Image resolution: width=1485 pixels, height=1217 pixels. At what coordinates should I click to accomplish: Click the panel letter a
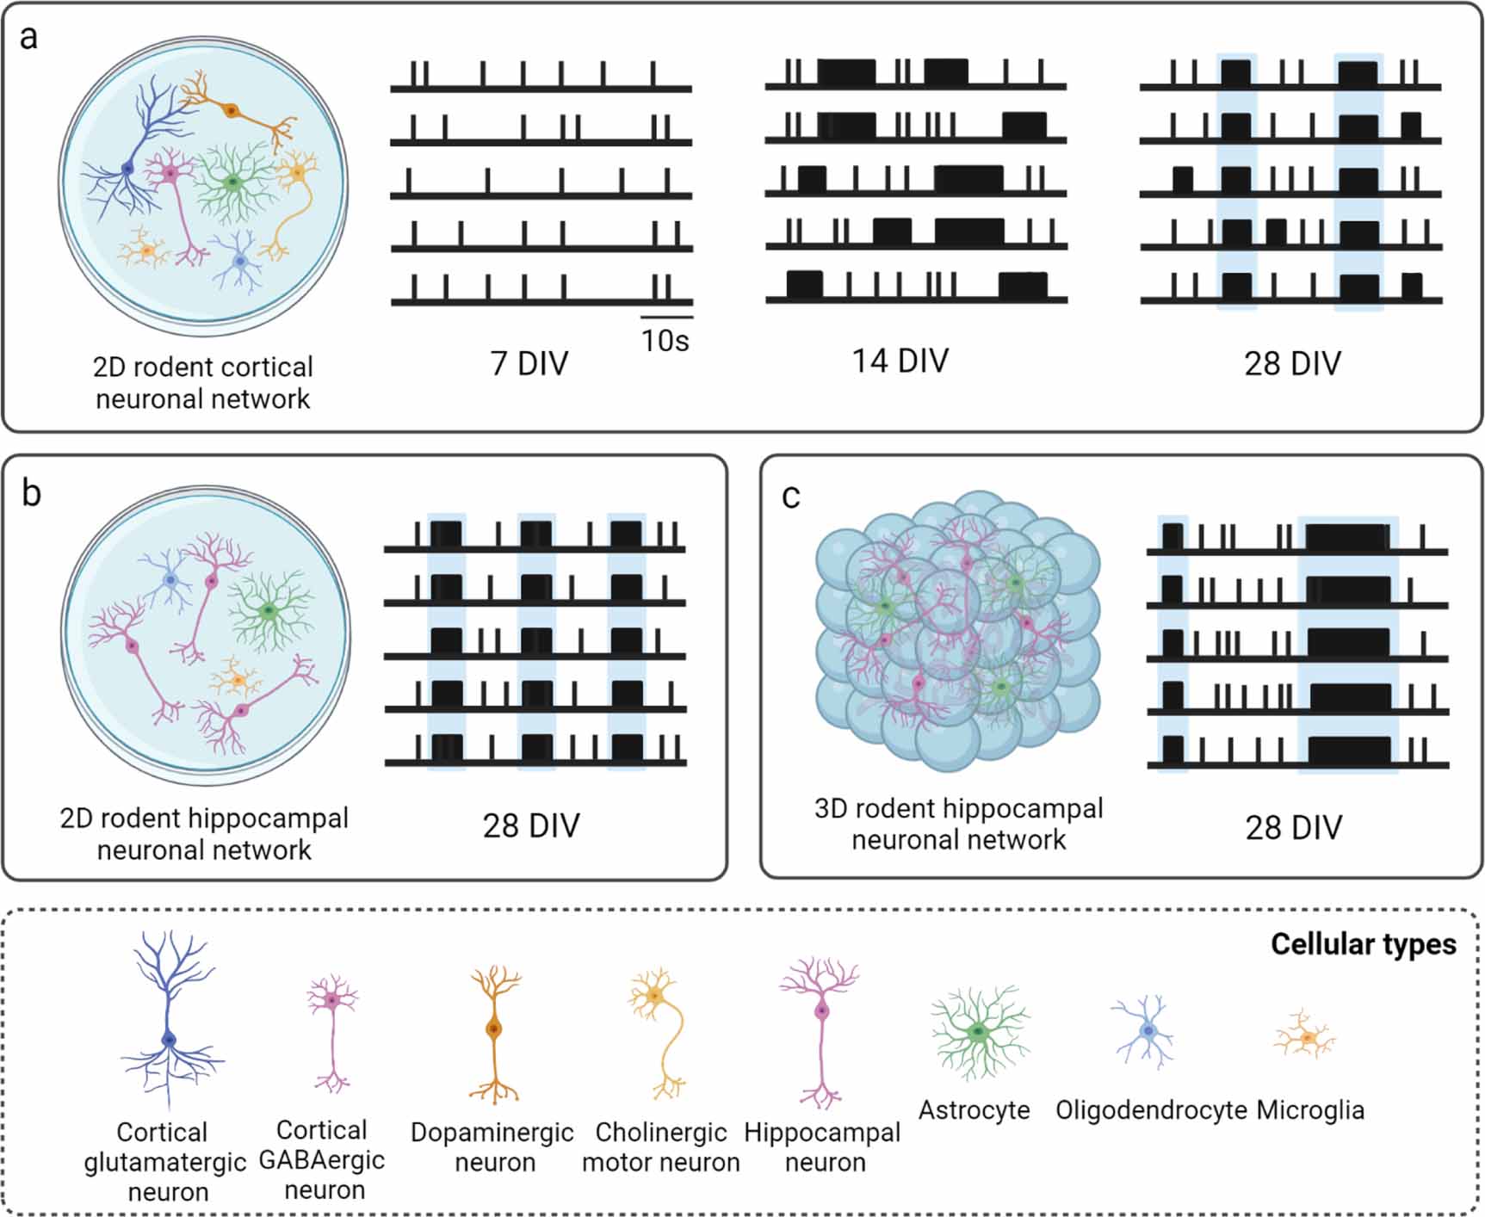[x=28, y=39]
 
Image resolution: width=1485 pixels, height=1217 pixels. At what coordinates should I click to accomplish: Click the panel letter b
[x=31, y=494]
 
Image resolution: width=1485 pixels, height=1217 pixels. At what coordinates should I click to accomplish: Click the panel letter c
[x=790, y=497]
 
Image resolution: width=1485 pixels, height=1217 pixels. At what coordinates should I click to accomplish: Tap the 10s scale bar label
[x=665, y=341]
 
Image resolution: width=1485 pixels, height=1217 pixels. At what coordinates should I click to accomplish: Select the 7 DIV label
[x=529, y=363]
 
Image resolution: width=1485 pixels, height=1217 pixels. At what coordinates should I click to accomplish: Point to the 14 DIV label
[x=900, y=361]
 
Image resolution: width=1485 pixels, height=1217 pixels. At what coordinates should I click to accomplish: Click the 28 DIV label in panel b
[x=531, y=825]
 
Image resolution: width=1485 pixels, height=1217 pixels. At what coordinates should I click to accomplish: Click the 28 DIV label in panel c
[x=1293, y=827]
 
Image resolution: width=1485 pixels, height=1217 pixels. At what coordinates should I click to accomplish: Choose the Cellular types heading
[x=1363, y=944]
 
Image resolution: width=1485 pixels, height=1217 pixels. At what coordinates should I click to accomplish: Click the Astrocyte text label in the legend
[x=974, y=1110]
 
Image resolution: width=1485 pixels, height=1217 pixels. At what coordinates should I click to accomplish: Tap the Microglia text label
[x=1310, y=1110]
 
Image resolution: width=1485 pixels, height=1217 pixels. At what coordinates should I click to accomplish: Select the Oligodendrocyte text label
[x=1151, y=1110]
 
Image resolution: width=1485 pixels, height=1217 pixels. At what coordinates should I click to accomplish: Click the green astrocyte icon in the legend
[x=978, y=1032]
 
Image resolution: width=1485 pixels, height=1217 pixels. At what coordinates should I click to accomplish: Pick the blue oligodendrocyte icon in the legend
[x=1147, y=1030]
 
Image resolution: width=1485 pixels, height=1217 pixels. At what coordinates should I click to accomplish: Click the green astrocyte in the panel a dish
[x=232, y=182]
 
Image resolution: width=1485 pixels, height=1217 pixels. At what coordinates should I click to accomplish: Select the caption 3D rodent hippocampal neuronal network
[x=958, y=824]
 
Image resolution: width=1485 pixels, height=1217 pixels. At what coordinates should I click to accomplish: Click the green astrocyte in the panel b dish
[x=270, y=610]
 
